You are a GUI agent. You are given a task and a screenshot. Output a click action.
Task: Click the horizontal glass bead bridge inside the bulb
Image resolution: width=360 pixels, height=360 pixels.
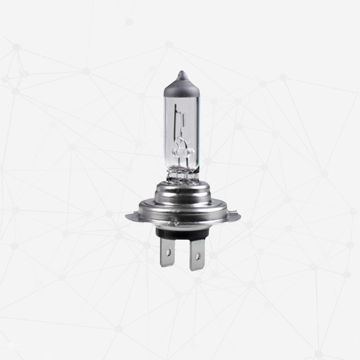click(x=183, y=153)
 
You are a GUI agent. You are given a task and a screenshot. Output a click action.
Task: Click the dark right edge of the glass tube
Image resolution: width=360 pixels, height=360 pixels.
click(x=198, y=133)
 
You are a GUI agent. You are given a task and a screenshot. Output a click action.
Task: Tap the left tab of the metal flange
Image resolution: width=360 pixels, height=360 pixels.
click(x=131, y=217)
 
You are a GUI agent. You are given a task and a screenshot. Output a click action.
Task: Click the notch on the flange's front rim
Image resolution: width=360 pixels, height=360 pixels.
click(x=173, y=222)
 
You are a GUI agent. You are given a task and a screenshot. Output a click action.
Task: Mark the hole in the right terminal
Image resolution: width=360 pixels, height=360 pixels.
click(x=197, y=256)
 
